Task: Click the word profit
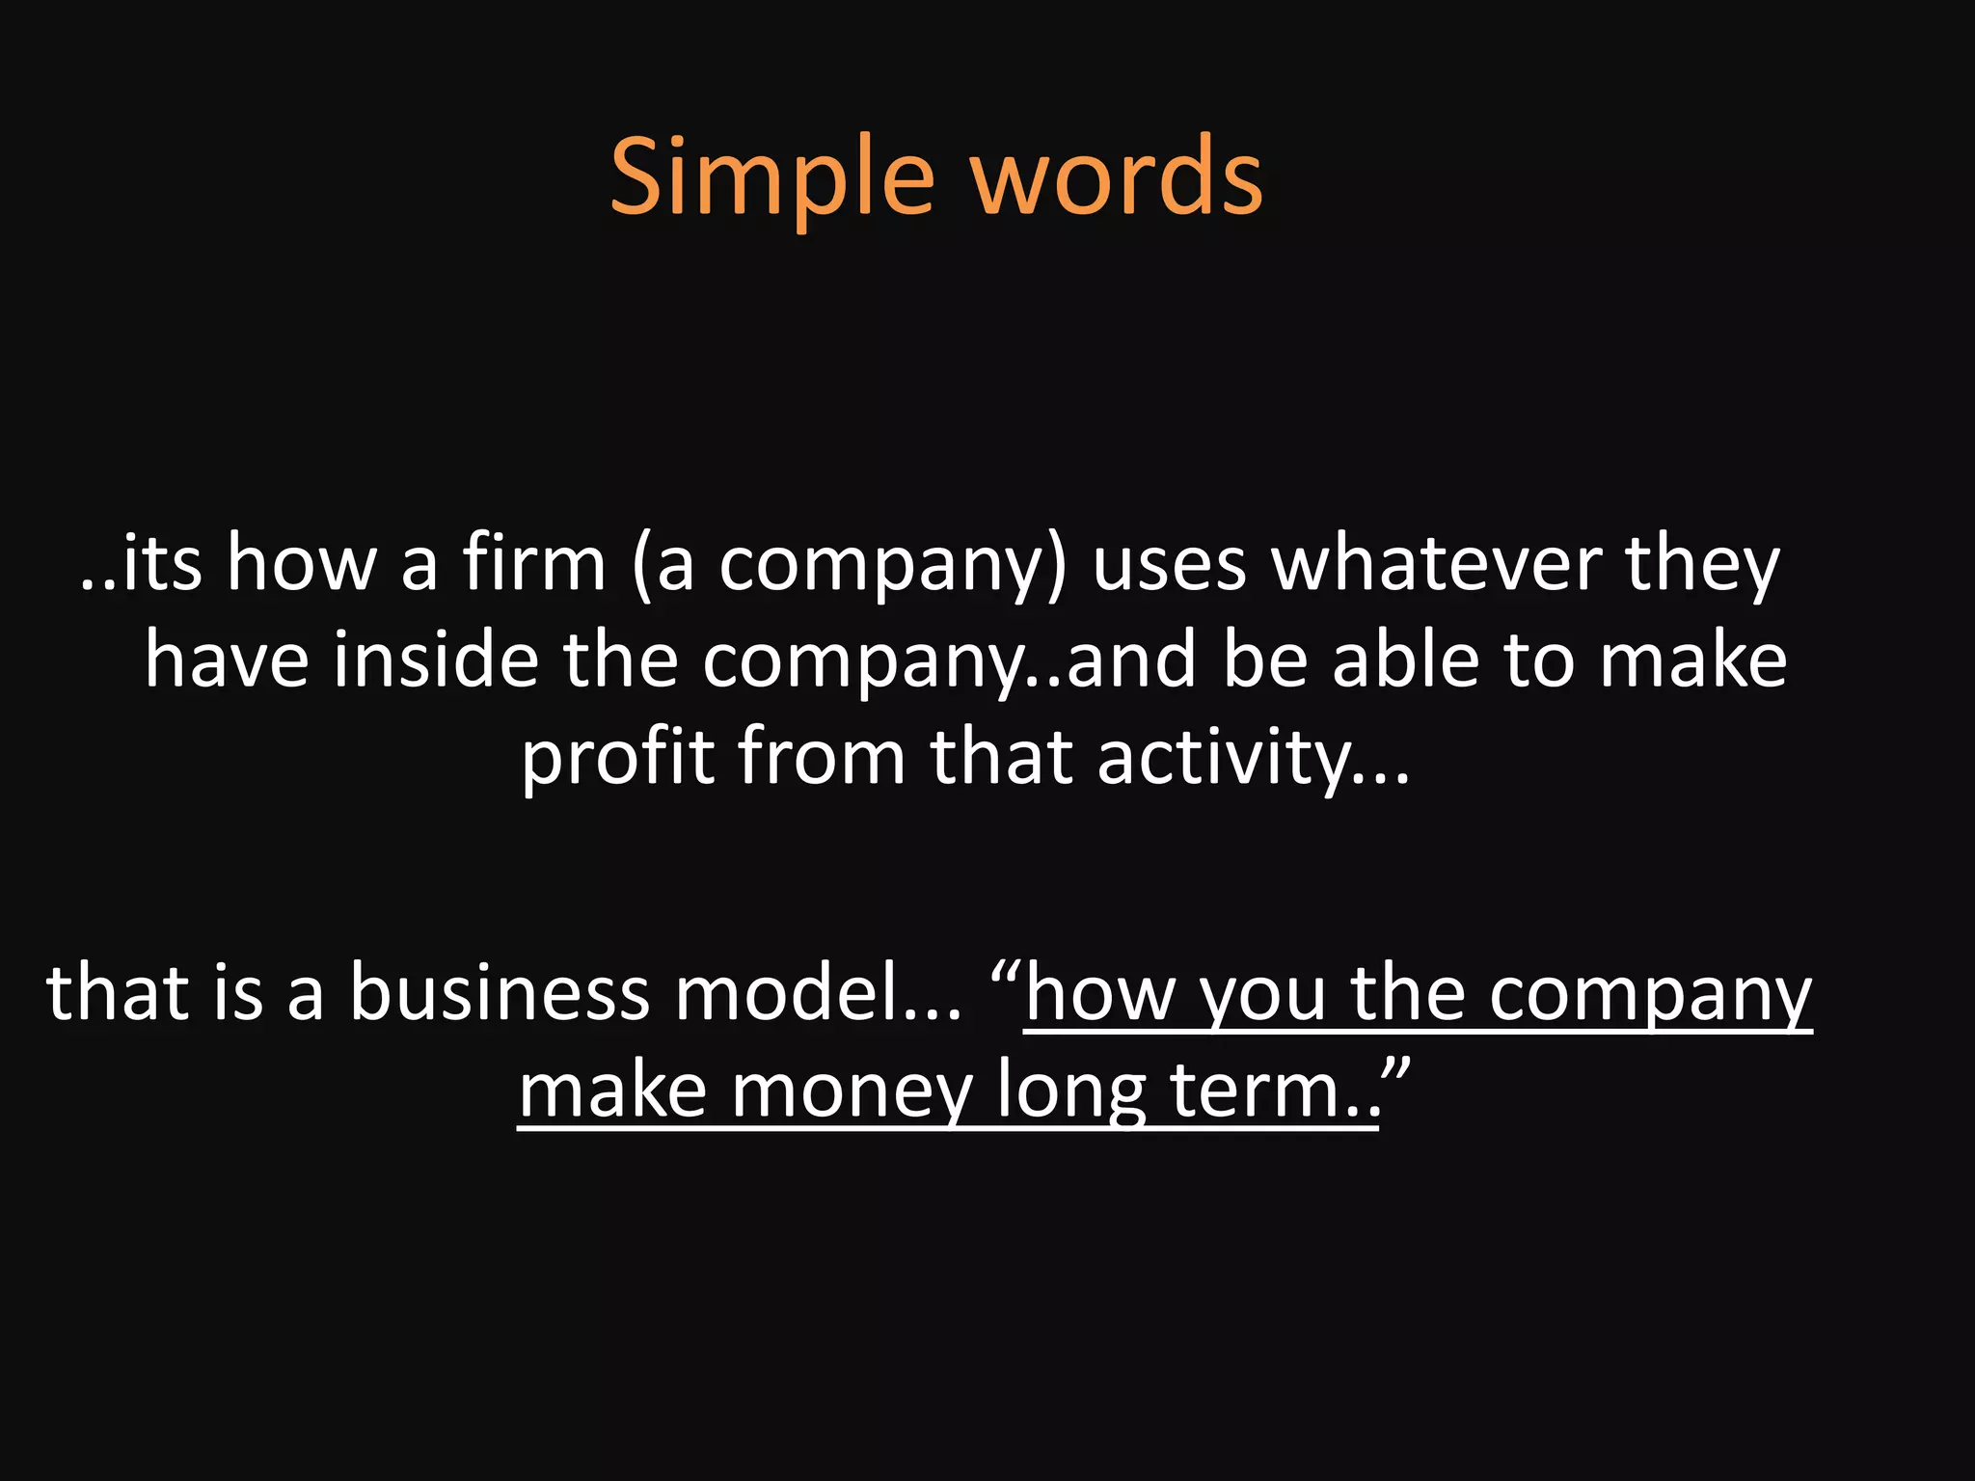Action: click(x=617, y=758)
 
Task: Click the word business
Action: click(x=500, y=993)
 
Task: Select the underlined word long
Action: click(x=1070, y=1091)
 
